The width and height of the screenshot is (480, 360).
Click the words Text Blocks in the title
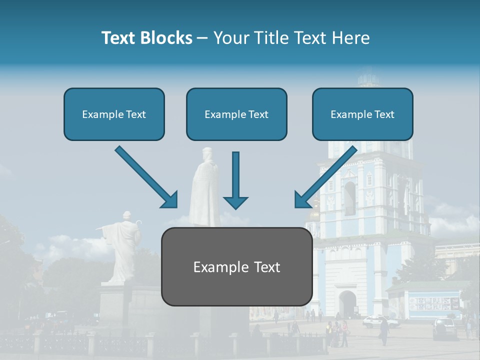[x=146, y=38]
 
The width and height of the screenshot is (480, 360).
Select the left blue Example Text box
[x=114, y=114]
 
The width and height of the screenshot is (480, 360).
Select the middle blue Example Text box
[x=236, y=114]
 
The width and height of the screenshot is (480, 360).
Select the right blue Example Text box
[x=362, y=114]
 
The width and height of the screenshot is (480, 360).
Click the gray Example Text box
[x=236, y=266]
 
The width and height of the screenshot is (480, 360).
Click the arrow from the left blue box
[x=146, y=176]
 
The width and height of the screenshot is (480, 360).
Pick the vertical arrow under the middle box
[x=235, y=180]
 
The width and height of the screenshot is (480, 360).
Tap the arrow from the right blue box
[x=326, y=176]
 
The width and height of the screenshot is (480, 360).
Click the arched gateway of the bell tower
[x=347, y=303]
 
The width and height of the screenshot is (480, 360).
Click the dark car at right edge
[x=444, y=327]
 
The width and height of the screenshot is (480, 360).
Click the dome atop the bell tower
[x=369, y=77]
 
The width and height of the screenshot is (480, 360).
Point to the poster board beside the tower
[x=433, y=303]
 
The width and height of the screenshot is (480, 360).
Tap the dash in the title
[x=202, y=38]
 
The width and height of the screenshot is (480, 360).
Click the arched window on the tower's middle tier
[x=350, y=197]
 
